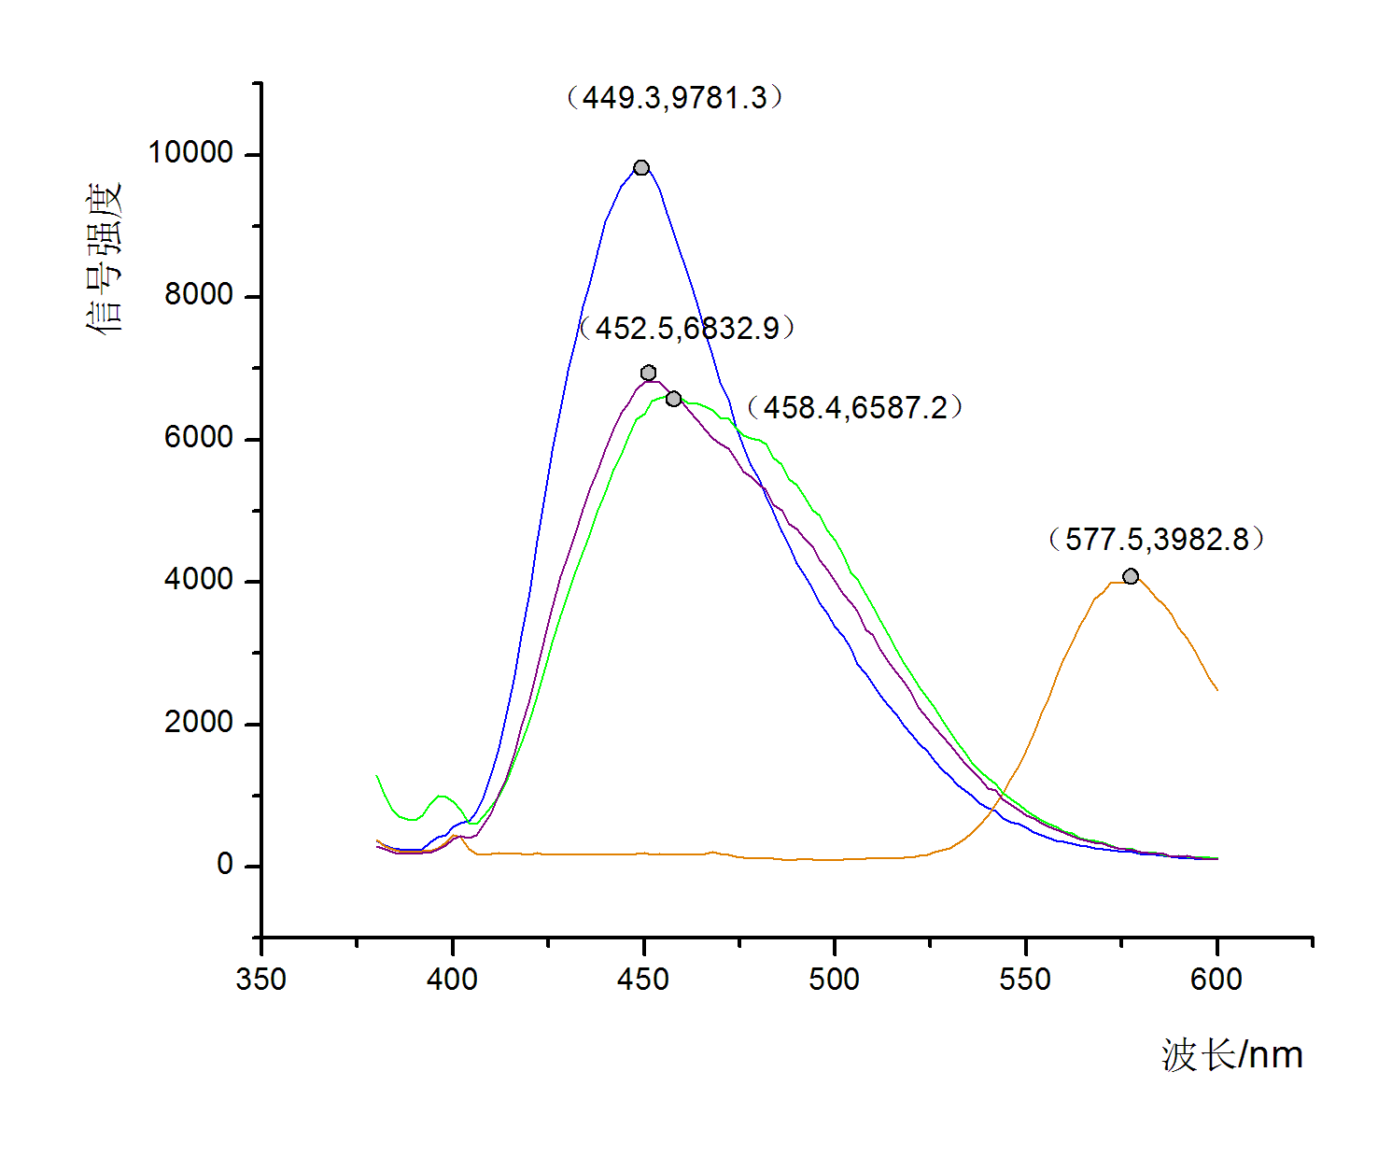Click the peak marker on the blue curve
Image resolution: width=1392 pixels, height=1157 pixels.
point(641,168)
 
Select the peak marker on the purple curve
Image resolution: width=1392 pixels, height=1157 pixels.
point(649,373)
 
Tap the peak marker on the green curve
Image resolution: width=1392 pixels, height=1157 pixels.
point(673,399)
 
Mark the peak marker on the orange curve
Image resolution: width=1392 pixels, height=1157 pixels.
point(1131,576)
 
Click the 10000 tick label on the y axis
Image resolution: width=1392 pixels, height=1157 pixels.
point(190,152)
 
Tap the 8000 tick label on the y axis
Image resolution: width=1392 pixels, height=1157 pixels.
point(199,295)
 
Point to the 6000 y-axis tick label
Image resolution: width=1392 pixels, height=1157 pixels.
point(199,437)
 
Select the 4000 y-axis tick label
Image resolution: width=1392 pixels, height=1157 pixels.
point(199,580)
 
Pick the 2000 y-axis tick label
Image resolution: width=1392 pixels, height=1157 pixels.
point(199,722)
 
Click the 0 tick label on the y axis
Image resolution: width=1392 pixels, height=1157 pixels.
point(225,865)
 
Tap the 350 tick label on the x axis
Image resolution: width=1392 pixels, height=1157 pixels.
point(261,979)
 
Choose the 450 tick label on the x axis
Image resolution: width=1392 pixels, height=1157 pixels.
point(643,979)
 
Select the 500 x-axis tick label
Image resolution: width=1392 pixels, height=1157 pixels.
point(834,979)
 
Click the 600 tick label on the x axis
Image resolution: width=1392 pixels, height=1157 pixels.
point(1216,979)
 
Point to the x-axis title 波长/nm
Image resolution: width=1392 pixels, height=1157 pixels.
point(1232,1055)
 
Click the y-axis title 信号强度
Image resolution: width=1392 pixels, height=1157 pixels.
point(105,259)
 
